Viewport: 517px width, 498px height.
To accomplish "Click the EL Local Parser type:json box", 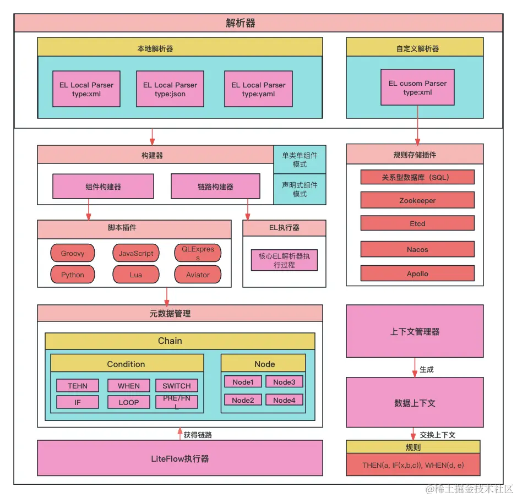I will point(170,89).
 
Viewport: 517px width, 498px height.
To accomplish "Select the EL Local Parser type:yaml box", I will point(258,89).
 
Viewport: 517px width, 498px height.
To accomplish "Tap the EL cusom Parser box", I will point(417,87).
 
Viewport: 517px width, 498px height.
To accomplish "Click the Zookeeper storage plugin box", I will point(417,200).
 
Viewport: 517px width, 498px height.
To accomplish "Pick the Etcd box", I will point(417,223).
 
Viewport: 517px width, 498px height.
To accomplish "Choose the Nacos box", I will point(417,249).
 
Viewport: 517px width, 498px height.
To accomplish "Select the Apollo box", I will point(417,273).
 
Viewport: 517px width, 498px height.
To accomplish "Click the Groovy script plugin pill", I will point(73,253).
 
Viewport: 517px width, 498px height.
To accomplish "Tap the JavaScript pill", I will point(136,253).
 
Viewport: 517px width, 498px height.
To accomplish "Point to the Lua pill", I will point(136,275).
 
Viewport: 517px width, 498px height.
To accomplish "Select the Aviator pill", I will point(198,275).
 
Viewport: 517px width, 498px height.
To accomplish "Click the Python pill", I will point(73,275).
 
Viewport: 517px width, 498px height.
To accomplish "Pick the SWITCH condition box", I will point(177,386).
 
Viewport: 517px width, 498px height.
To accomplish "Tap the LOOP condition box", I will point(129,402).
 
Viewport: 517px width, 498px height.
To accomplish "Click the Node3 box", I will point(284,382).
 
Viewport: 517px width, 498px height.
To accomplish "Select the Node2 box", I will point(243,400).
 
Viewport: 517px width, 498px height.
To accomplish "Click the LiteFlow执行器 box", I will point(179,458).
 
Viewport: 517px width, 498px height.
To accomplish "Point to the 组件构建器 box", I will point(103,187).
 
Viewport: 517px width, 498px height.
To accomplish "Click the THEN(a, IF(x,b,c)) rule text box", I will point(413,465).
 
